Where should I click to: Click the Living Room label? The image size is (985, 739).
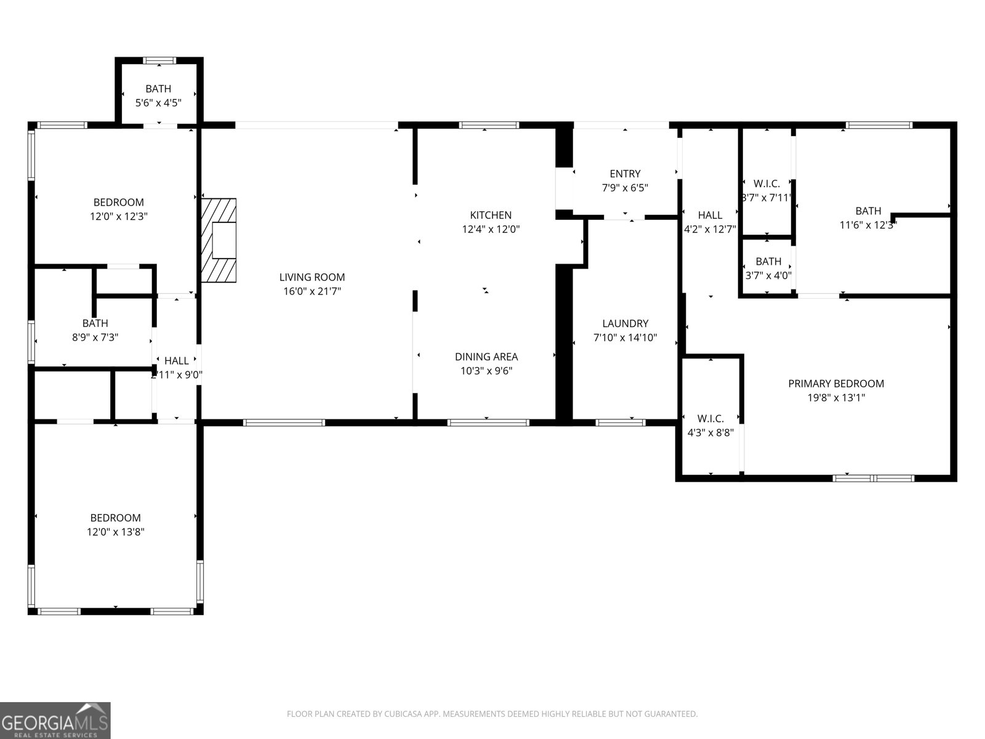click(312, 277)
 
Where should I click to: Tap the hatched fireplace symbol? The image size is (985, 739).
click(219, 240)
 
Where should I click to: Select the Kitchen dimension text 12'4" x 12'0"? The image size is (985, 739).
click(491, 229)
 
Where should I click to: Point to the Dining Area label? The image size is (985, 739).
click(486, 357)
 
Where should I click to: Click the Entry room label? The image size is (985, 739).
click(625, 174)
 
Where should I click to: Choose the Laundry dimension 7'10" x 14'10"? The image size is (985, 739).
click(625, 337)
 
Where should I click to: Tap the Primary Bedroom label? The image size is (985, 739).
click(836, 384)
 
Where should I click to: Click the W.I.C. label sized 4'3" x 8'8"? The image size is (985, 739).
click(710, 419)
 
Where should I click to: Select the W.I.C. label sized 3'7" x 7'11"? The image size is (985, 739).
click(766, 184)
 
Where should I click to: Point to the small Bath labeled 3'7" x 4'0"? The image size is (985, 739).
click(768, 262)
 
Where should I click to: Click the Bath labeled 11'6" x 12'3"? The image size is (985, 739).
click(868, 211)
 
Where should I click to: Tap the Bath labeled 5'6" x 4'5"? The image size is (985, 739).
click(158, 89)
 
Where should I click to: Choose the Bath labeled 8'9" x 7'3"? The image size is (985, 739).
click(95, 323)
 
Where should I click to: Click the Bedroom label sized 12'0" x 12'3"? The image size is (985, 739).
click(119, 202)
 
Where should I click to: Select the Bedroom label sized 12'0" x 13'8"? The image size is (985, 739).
click(116, 518)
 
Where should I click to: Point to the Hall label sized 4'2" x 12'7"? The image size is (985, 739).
click(710, 215)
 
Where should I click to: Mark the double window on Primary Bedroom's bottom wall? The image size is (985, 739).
click(874, 478)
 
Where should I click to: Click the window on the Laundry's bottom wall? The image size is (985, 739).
click(621, 422)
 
